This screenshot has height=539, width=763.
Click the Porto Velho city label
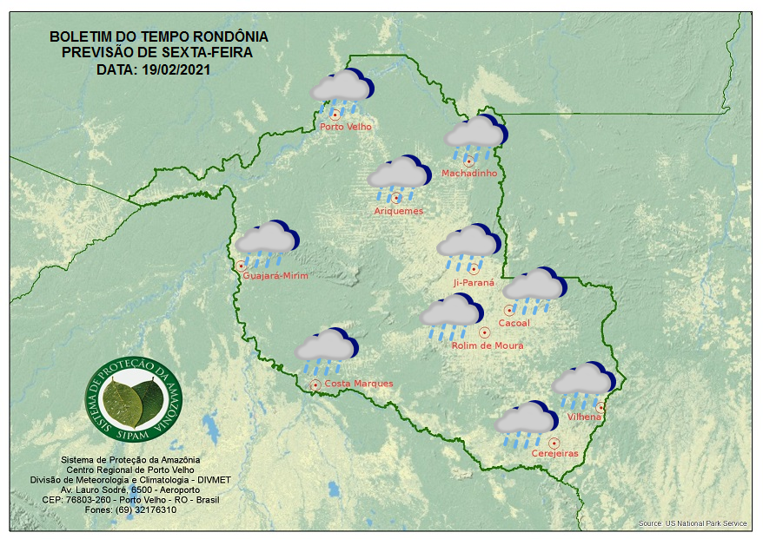[x=346, y=127]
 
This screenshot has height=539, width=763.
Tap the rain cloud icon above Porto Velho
[x=342, y=89]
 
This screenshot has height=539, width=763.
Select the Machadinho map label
[x=469, y=174]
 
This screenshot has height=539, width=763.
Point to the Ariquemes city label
[x=399, y=211]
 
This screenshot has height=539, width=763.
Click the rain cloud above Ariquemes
[x=399, y=175]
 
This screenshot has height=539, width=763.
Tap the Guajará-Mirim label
[x=276, y=275]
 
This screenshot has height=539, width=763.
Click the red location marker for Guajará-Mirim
[x=241, y=266]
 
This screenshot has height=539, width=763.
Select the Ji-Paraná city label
[x=474, y=283]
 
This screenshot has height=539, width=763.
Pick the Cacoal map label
[x=514, y=324]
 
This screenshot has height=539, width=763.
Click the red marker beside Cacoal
[x=508, y=310]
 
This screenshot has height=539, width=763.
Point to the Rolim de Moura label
[x=488, y=345]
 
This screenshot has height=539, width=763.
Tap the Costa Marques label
[x=359, y=384]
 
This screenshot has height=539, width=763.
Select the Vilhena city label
[x=584, y=417]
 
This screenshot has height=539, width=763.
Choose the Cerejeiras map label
[x=554, y=453]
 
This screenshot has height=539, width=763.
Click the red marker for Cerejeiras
[x=554, y=443]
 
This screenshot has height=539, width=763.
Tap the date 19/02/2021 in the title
[x=174, y=69]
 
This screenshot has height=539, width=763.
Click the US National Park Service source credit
[x=693, y=523]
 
